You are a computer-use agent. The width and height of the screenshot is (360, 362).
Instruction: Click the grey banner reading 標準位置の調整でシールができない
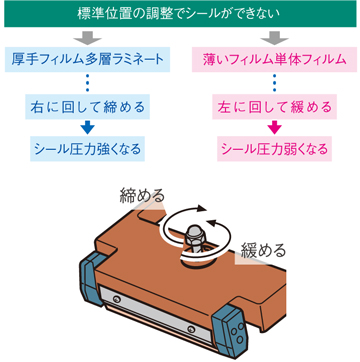(180, 13)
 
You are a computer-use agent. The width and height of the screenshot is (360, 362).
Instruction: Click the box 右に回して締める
(89, 104)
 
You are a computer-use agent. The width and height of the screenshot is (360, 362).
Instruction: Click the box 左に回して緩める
(271, 104)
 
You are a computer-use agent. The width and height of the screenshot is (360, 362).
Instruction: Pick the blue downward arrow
(89, 126)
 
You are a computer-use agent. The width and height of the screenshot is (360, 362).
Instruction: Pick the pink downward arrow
(271, 126)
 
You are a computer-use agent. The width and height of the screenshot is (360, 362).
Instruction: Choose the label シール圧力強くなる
(89, 148)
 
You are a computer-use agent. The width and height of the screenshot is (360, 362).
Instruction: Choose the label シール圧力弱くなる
(271, 148)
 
